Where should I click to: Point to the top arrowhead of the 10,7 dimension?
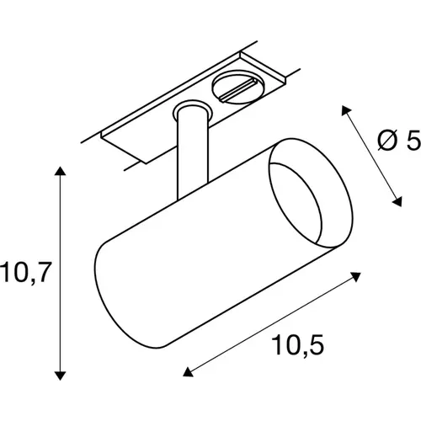59,173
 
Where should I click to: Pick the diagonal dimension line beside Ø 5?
371,155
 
